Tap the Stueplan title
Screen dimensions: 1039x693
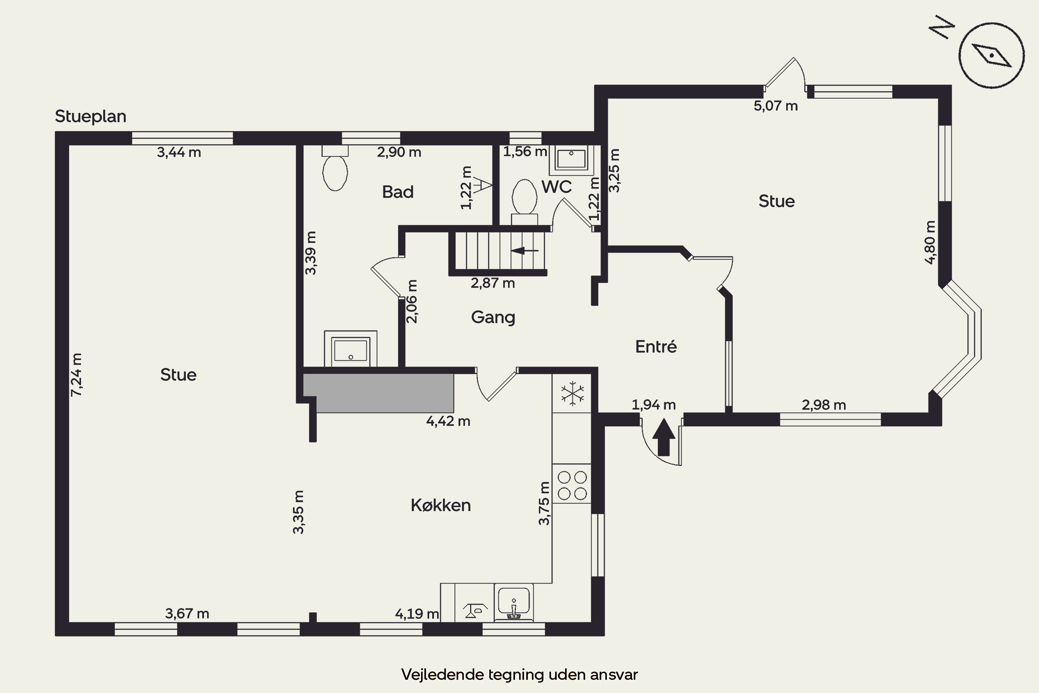pyautogui.click(x=90, y=116)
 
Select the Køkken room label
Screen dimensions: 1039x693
pyautogui.click(x=441, y=505)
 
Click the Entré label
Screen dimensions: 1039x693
pyautogui.click(x=656, y=346)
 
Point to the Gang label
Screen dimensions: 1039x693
pyautogui.click(x=493, y=317)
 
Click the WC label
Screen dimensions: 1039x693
pyautogui.click(x=557, y=187)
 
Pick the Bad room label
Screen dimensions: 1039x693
pyautogui.click(x=398, y=192)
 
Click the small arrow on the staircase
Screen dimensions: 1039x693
pyautogui.click(x=524, y=251)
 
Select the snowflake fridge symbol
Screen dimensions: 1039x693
pyautogui.click(x=572, y=393)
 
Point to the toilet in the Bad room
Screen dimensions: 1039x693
pyautogui.click(x=335, y=168)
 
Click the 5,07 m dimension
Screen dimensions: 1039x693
pyautogui.click(x=776, y=106)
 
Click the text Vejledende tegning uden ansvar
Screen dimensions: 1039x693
pyautogui.click(x=519, y=674)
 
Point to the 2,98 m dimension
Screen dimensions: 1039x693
pyautogui.click(x=824, y=405)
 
